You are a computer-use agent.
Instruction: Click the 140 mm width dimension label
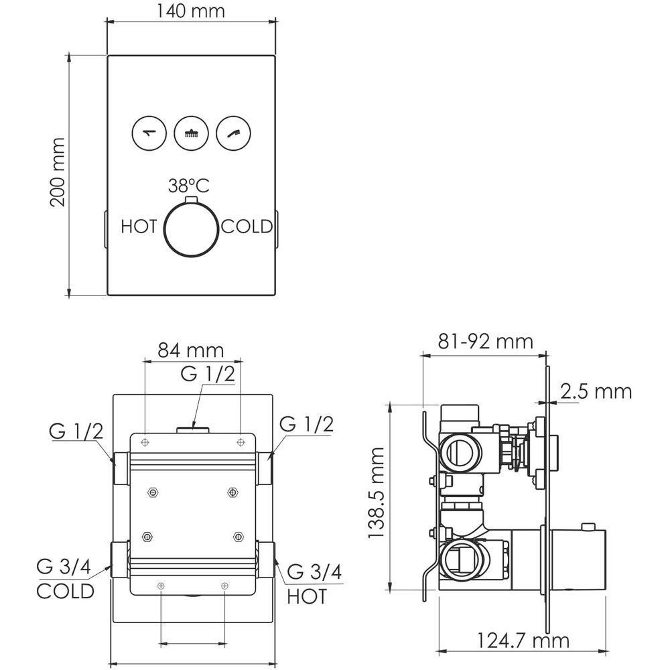(x=190, y=11)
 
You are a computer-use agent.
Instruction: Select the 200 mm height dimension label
(x=58, y=172)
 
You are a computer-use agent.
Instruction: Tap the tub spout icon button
(x=149, y=133)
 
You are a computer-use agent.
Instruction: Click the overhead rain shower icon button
(x=191, y=133)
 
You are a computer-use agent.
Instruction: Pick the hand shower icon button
(x=233, y=133)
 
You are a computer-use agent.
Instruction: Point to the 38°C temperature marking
(x=189, y=186)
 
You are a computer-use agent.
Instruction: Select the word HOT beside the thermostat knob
(x=139, y=226)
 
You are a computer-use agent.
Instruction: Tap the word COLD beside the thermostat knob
(x=247, y=226)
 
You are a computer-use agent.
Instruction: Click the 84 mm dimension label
(x=191, y=350)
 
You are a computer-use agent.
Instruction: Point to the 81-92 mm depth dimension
(x=486, y=342)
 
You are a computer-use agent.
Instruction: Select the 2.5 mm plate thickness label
(x=596, y=391)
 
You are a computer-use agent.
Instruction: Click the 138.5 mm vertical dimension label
(x=377, y=492)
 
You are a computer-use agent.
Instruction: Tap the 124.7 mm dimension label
(x=523, y=641)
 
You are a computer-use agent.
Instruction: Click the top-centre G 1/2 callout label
(x=208, y=374)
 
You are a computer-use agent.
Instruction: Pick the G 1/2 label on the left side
(x=76, y=431)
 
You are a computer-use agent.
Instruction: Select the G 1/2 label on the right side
(x=306, y=424)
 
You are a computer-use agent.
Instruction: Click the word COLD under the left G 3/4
(x=66, y=592)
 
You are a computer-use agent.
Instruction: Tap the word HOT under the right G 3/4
(x=307, y=596)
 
